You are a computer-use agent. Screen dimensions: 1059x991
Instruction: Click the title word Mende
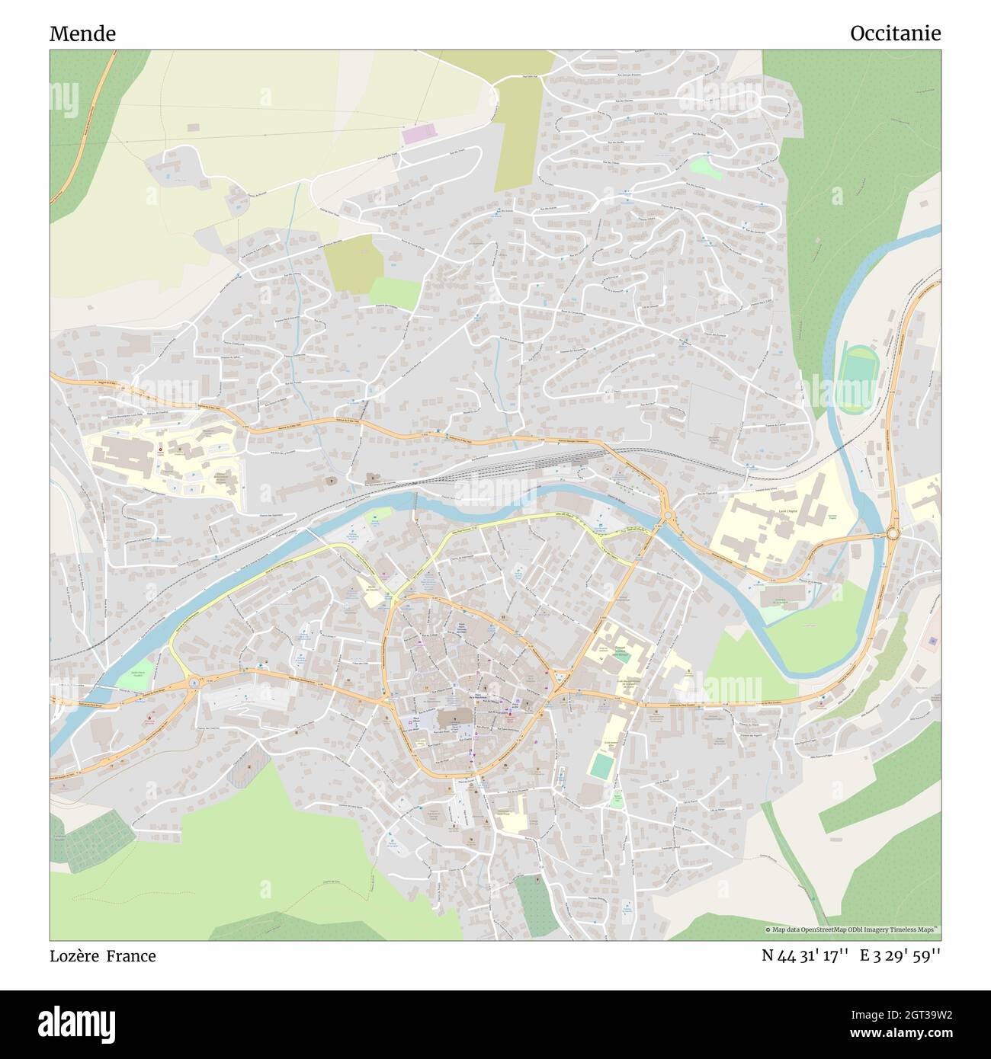click(82, 34)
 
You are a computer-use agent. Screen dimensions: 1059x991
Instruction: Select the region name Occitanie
click(895, 33)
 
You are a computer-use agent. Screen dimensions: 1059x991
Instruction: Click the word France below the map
click(131, 956)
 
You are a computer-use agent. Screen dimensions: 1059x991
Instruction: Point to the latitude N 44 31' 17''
click(806, 956)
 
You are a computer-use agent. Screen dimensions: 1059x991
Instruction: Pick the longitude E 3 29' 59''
click(900, 956)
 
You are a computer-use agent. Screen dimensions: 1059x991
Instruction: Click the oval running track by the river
click(858, 370)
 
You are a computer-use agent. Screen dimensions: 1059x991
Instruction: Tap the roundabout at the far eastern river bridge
click(893, 533)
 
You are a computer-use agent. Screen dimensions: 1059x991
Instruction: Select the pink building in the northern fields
click(416, 135)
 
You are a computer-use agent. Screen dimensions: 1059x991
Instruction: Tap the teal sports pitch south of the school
click(601, 766)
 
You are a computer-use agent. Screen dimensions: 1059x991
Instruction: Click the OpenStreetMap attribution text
click(852, 929)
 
